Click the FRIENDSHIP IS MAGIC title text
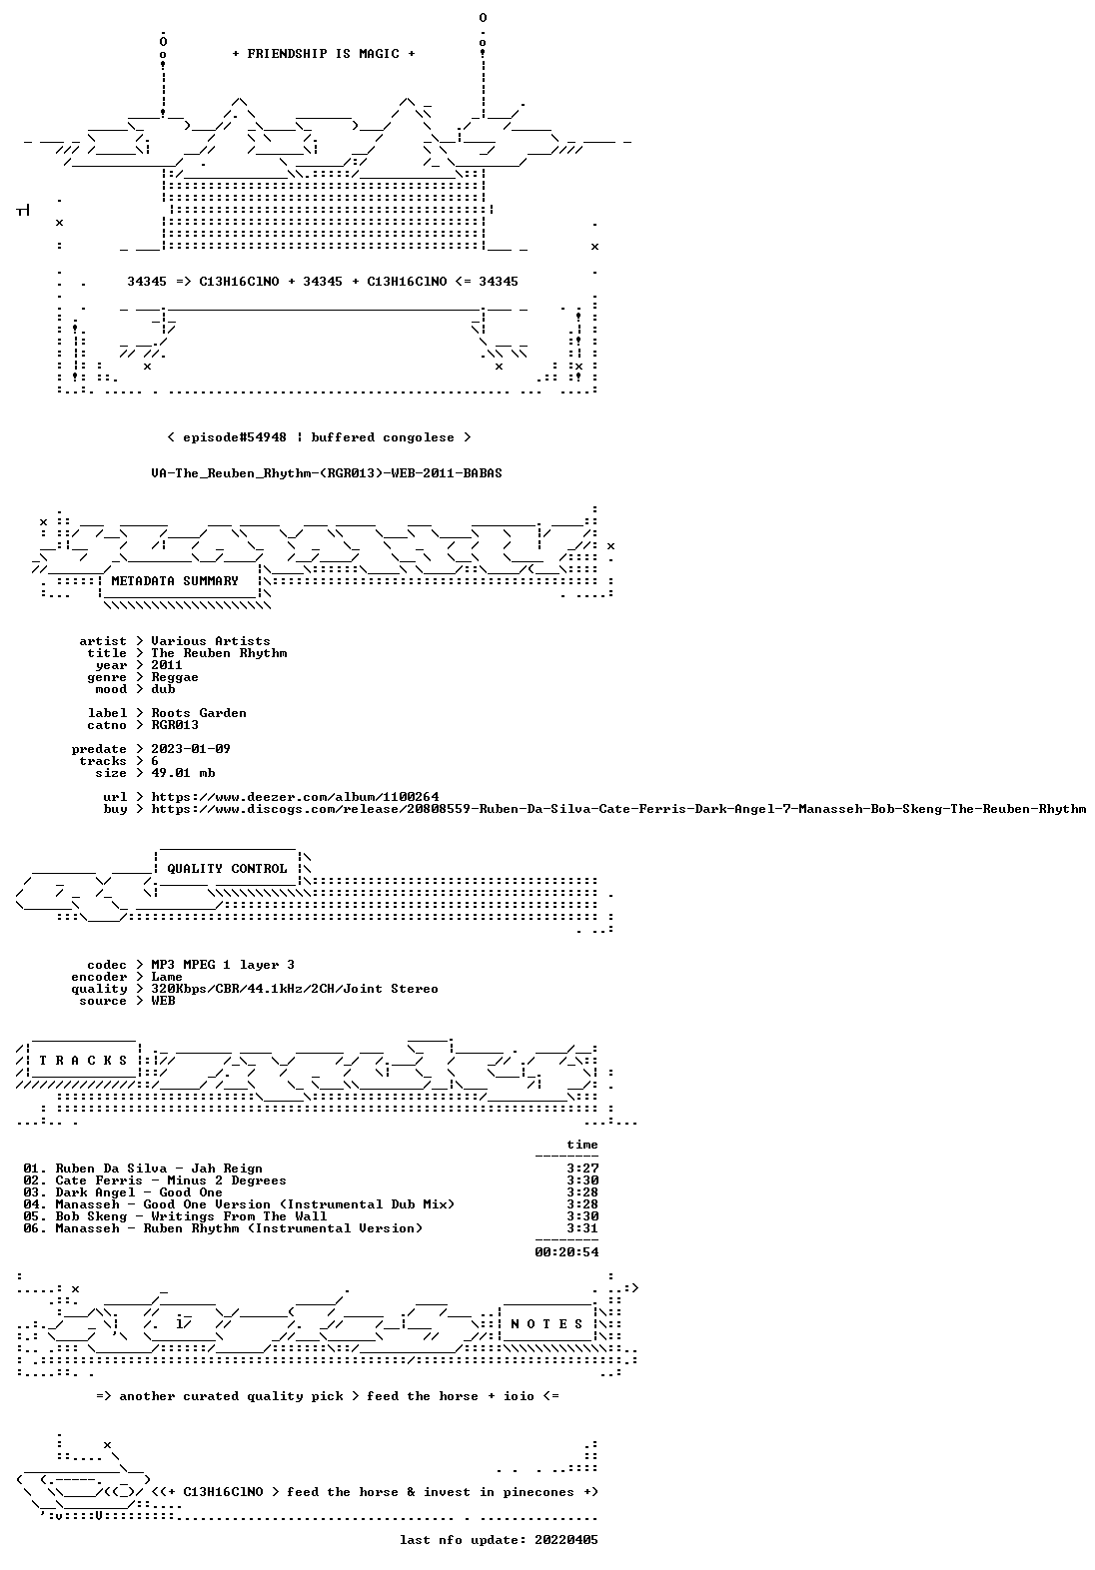323,54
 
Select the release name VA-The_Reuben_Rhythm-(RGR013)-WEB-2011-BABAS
327,473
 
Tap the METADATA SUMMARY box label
175,581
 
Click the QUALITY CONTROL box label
227,869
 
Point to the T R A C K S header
83,1061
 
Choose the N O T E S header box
547,1324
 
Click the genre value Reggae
175,678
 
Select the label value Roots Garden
199,713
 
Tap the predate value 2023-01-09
191,749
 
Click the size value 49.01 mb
183,773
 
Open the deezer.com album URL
295,797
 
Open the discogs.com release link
619,809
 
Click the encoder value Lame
167,977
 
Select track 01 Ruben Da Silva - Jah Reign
143,1169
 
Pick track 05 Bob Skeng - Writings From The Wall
175,1216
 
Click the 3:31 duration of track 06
582,1228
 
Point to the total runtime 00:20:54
566,1251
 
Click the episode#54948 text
235,437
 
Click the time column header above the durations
582,1145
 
